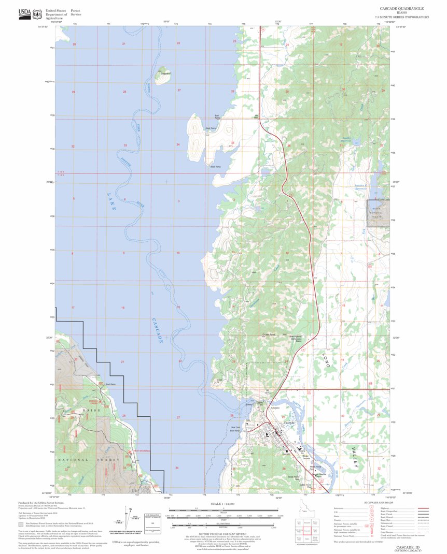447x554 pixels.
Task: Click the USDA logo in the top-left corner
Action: [x=24, y=12]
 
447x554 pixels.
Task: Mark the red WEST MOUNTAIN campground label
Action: [x=141, y=451]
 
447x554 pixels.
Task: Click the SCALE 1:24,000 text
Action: [x=223, y=503]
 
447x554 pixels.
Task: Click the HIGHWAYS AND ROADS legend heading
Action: [x=363, y=502]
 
